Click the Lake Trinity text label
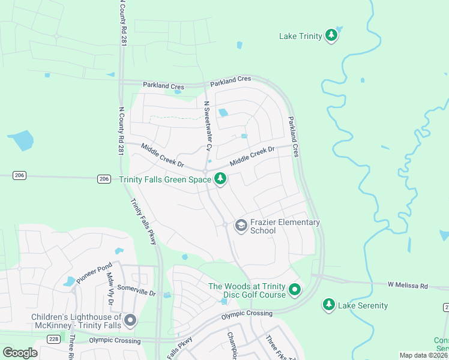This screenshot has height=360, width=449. click(x=301, y=36)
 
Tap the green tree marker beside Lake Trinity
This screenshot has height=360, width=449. click(x=331, y=36)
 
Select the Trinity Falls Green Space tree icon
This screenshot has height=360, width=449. click(x=220, y=179)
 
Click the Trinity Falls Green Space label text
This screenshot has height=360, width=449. click(x=165, y=179)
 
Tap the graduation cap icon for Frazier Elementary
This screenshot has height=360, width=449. click(x=241, y=226)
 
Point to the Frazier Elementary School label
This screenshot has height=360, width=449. click(x=285, y=226)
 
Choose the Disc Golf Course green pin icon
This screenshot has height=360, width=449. click(x=295, y=290)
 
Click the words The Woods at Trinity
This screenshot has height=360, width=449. click(x=246, y=286)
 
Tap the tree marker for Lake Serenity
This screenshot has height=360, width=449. click(x=328, y=305)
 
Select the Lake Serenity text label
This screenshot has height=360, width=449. click(x=363, y=305)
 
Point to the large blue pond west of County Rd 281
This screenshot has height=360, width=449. click(x=21, y=140)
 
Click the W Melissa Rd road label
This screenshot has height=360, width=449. click(x=408, y=284)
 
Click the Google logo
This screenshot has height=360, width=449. click(x=20, y=353)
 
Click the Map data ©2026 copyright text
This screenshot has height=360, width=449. click(x=423, y=355)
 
